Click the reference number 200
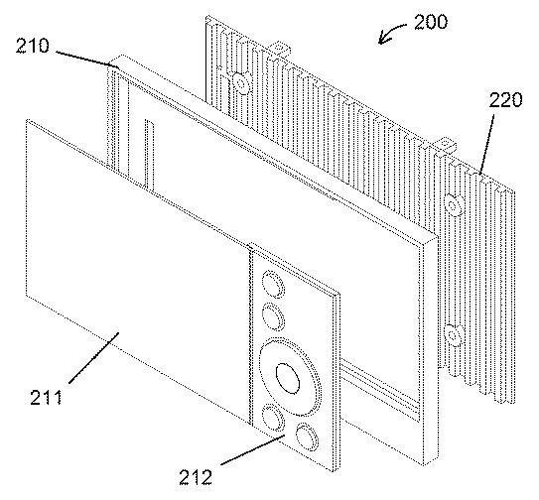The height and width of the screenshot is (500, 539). (x=431, y=22)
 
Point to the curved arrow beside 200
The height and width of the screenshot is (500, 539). (x=390, y=31)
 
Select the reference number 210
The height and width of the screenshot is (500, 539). (x=33, y=46)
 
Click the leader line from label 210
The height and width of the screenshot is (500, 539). (x=87, y=61)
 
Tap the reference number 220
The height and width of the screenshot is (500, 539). (x=505, y=100)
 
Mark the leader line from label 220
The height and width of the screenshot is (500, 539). (x=487, y=145)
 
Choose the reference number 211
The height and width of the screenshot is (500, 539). (x=47, y=398)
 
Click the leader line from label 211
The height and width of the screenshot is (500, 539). (x=94, y=357)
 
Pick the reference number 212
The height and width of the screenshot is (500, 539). (x=196, y=477)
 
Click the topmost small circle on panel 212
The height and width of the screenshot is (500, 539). (x=273, y=284)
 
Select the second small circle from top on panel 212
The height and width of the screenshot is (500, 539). (x=273, y=316)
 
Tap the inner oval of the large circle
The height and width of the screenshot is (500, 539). (x=288, y=378)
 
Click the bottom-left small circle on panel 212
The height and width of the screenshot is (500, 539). (x=273, y=418)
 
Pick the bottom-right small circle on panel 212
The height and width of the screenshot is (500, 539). (x=307, y=437)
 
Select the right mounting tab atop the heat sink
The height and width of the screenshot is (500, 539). (x=446, y=144)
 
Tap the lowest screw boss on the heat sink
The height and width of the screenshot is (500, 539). (x=453, y=335)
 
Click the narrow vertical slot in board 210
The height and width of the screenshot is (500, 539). (x=149, y=155)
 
